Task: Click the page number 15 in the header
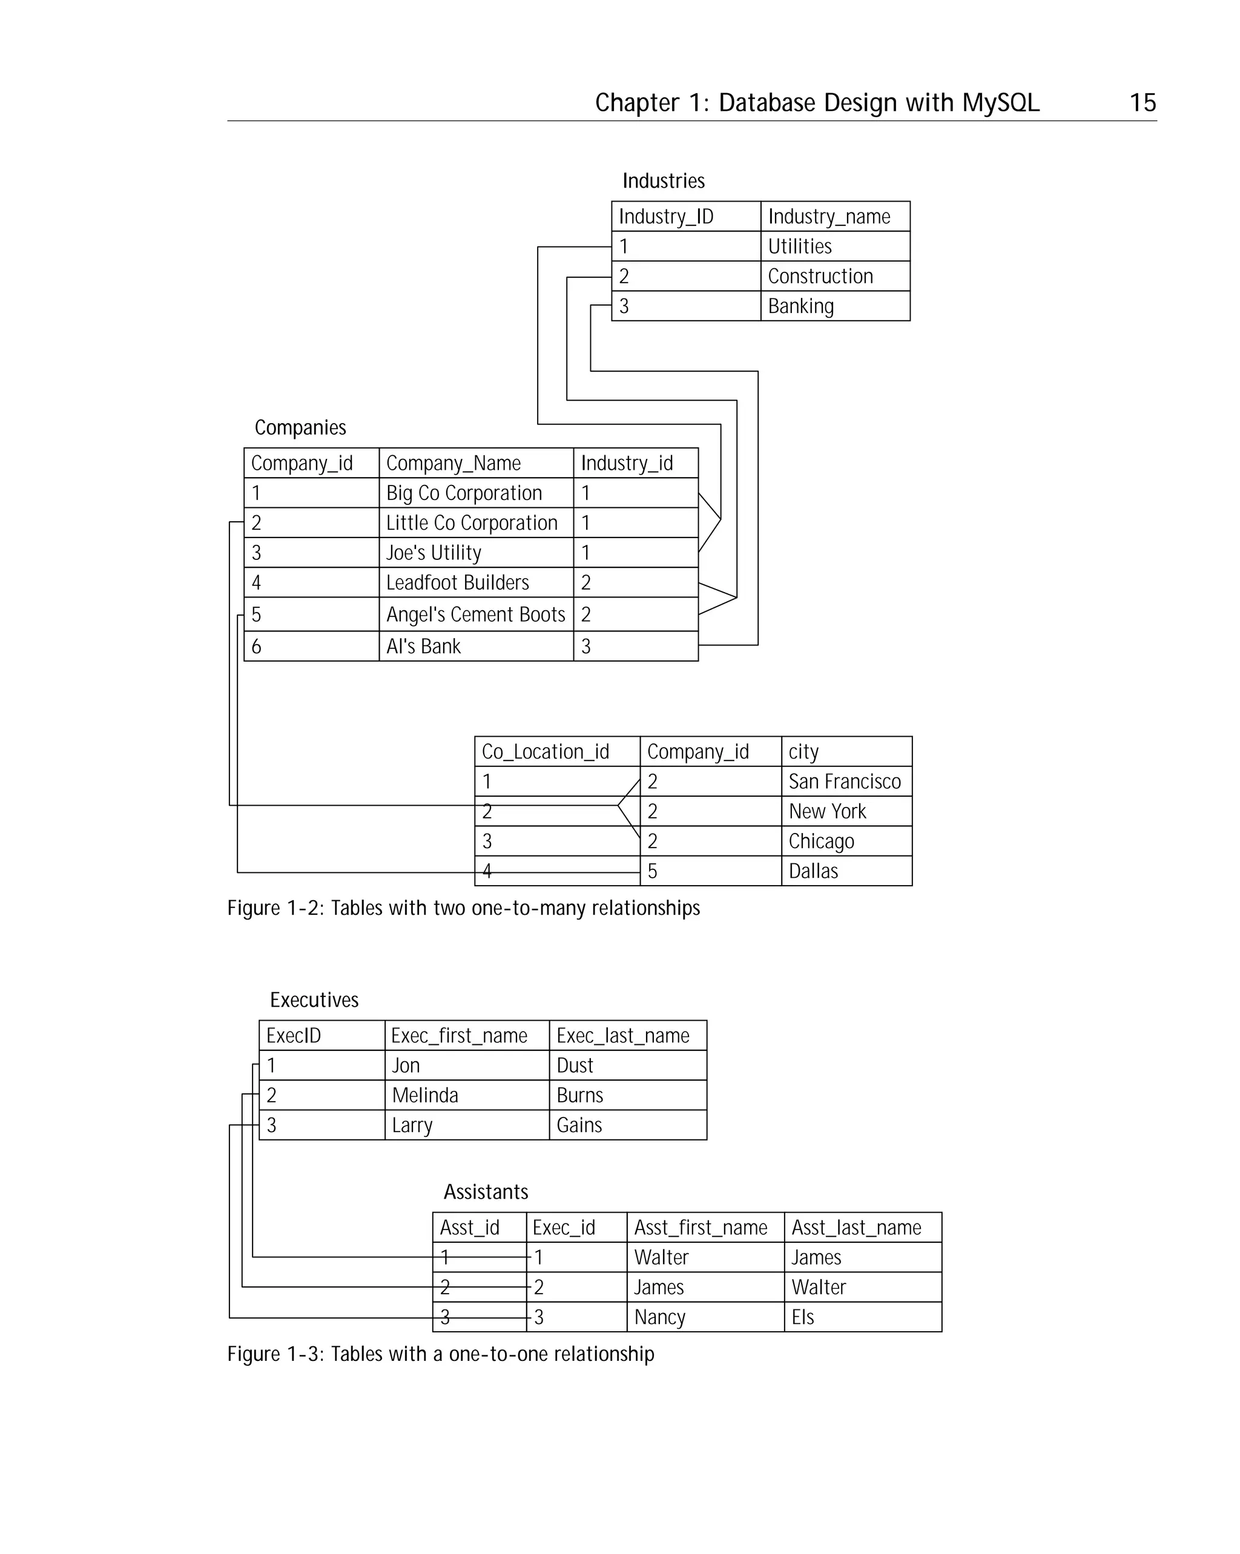coord(1142,102)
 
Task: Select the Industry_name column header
coord(828,216)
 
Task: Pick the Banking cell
coord(800,306)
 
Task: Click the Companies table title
coord(300,427)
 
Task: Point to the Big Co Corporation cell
coord(464,493)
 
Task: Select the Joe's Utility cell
coord(434,553)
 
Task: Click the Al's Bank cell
coord(423,647)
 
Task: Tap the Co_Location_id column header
coord(545,752)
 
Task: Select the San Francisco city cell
coord(844,782)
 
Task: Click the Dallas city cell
coord(813,871)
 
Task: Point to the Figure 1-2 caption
coord(463,908)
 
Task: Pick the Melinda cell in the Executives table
coord(424,1096)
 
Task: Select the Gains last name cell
coord(579,1125)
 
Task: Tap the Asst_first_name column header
coord(700,1228)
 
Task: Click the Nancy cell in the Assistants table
coord(659,1317)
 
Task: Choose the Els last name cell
coord(802,1317)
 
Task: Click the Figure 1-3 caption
coord(440,1354)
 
